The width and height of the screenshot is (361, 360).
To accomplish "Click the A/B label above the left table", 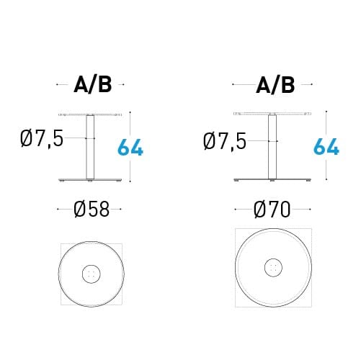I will coord(92,86).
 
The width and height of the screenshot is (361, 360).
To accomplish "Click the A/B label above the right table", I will coord(275,86).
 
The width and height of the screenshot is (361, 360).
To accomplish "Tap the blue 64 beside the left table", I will coord(130,147).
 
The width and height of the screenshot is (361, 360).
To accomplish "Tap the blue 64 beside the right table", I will coord(326,147).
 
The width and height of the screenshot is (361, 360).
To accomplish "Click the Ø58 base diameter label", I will coord(91,210).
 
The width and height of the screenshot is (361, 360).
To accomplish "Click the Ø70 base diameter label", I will coord(272,210).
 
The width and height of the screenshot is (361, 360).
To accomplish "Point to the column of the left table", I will coord(91,148).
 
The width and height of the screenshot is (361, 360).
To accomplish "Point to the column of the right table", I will coord(273,148).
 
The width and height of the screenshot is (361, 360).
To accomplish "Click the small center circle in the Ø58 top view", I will coord(91,274).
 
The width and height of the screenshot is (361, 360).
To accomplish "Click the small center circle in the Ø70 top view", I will coord(273,267).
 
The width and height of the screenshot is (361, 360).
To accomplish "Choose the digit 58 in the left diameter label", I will coord(99,210).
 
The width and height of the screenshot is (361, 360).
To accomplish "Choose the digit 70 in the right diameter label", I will coord(281,210).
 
